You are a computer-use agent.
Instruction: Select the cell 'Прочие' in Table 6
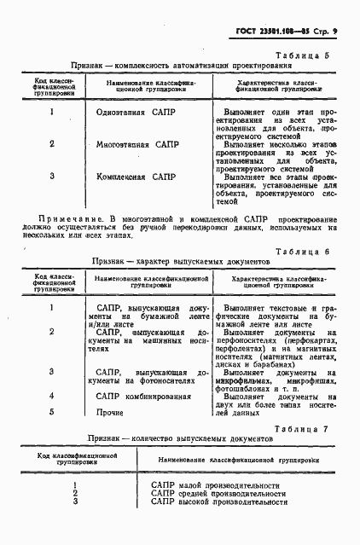pos(110,412)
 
